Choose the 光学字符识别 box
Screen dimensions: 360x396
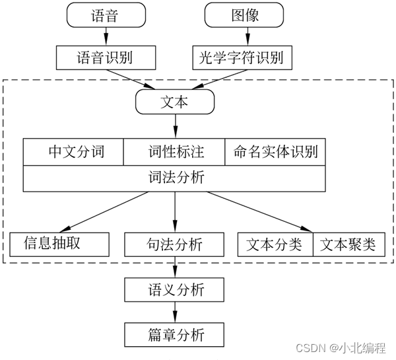[x=241, y=58]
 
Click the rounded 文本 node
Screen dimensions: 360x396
[x=175, y=102]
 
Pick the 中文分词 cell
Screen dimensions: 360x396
[x=74, y=152]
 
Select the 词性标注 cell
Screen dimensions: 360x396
[x=175, y=152]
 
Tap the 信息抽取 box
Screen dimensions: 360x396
[x=59, y=244]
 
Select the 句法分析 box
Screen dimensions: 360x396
[x=175, y=244]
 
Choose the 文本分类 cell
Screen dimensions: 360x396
[x=275, y=244]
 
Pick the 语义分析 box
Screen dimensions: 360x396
[x=175, y=289]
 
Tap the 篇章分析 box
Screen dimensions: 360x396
[x=175, y=332]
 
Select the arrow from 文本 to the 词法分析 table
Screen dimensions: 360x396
[x=175, y=126]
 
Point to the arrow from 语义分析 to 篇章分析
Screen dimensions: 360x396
[x=175, y=310]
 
